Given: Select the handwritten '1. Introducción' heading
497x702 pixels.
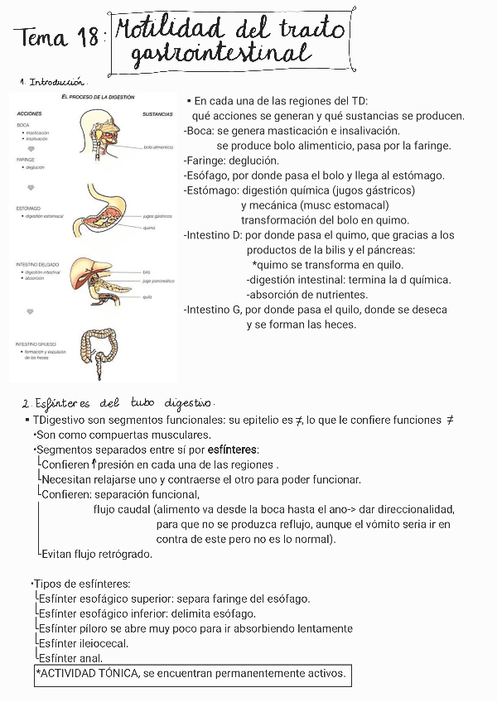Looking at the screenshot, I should tap(55, 82).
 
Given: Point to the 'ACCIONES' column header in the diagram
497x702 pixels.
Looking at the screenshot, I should tap(30, 113).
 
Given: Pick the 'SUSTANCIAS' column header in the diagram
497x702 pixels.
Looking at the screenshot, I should tap(157, 113).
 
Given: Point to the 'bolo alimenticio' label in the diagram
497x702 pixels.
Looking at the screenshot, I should tap(158, 147).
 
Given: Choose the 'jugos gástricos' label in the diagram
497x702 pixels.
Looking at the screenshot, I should tap(157, 215).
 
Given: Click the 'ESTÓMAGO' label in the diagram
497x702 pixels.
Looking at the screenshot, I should tap(29, 208).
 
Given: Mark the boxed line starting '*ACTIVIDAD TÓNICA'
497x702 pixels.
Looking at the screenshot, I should tap(191, 674).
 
